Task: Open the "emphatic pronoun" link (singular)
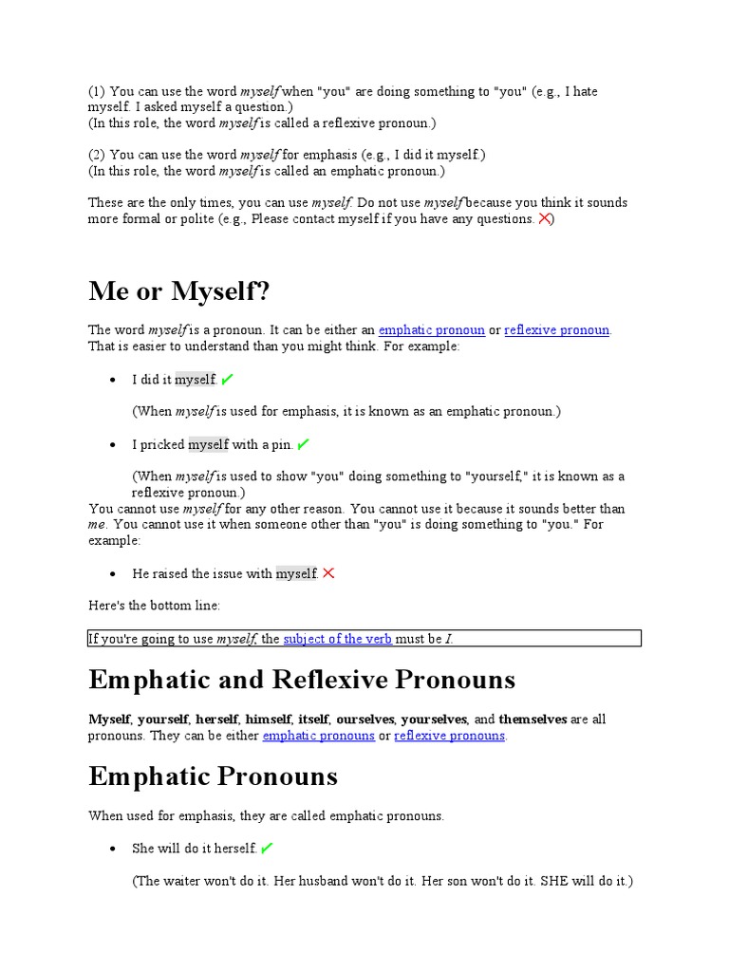coord(431,330)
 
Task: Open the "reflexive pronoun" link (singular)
coord(557,330)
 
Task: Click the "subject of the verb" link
coord(337,639)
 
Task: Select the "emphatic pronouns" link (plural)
coord(318,736)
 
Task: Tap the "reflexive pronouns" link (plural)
coord(450,736)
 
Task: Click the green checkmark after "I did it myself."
coord(227,380)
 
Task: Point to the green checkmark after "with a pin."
coord(303,444)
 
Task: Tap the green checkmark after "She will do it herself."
coord(267,848)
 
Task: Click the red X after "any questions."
coord(545,218)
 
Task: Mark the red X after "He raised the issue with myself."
coord(328,573)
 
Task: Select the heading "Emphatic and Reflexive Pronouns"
coord(302,680)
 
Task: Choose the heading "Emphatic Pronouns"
coord(214,776)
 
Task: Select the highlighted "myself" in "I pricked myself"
coord(209,444)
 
